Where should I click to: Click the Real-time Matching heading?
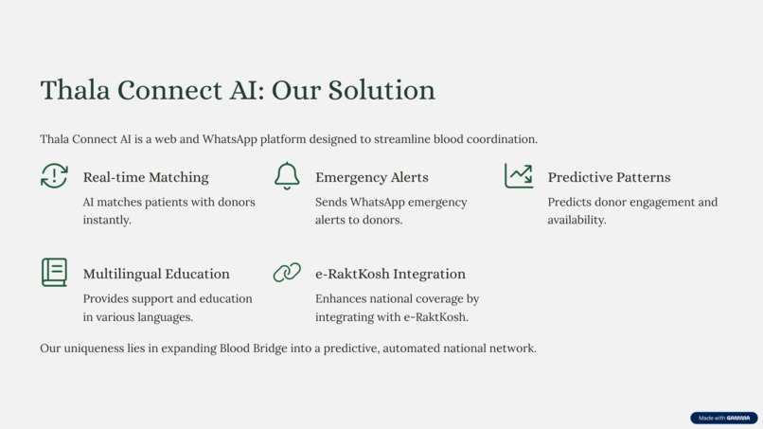(x=146, y=177)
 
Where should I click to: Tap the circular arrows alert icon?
(x=54, y=176)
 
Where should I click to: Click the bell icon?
(x=287, y=176)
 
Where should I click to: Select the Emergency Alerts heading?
(x=371, y=177)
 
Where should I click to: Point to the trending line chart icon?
(x=519, y=175)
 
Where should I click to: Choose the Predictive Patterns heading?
(x=609, y=177)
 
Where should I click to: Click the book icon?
(x=54, y=273)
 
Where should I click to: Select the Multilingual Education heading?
(x=156, y=274)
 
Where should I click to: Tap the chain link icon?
(x=287, y=273)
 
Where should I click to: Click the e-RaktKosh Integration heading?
(x=390, y=274)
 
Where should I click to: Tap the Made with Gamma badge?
(x=724, y=418)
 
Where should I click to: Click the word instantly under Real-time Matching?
(x=107, y=220)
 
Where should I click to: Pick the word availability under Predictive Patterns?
(x=577, y=220)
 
